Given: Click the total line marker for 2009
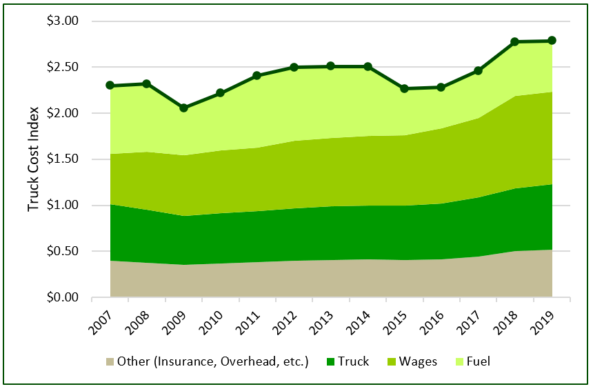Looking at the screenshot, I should [183, 108].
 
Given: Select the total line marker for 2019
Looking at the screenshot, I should [552, 41].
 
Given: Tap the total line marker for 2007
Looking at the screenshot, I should [110, 85].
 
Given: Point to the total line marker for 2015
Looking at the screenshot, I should [405, 88].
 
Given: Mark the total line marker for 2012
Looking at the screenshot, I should [294, 67].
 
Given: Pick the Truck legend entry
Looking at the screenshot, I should [352, 361].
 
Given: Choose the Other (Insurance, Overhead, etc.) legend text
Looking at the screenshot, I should [212, 361].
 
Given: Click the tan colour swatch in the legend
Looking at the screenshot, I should [110, 361].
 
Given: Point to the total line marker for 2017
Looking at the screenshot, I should [479, 70].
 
